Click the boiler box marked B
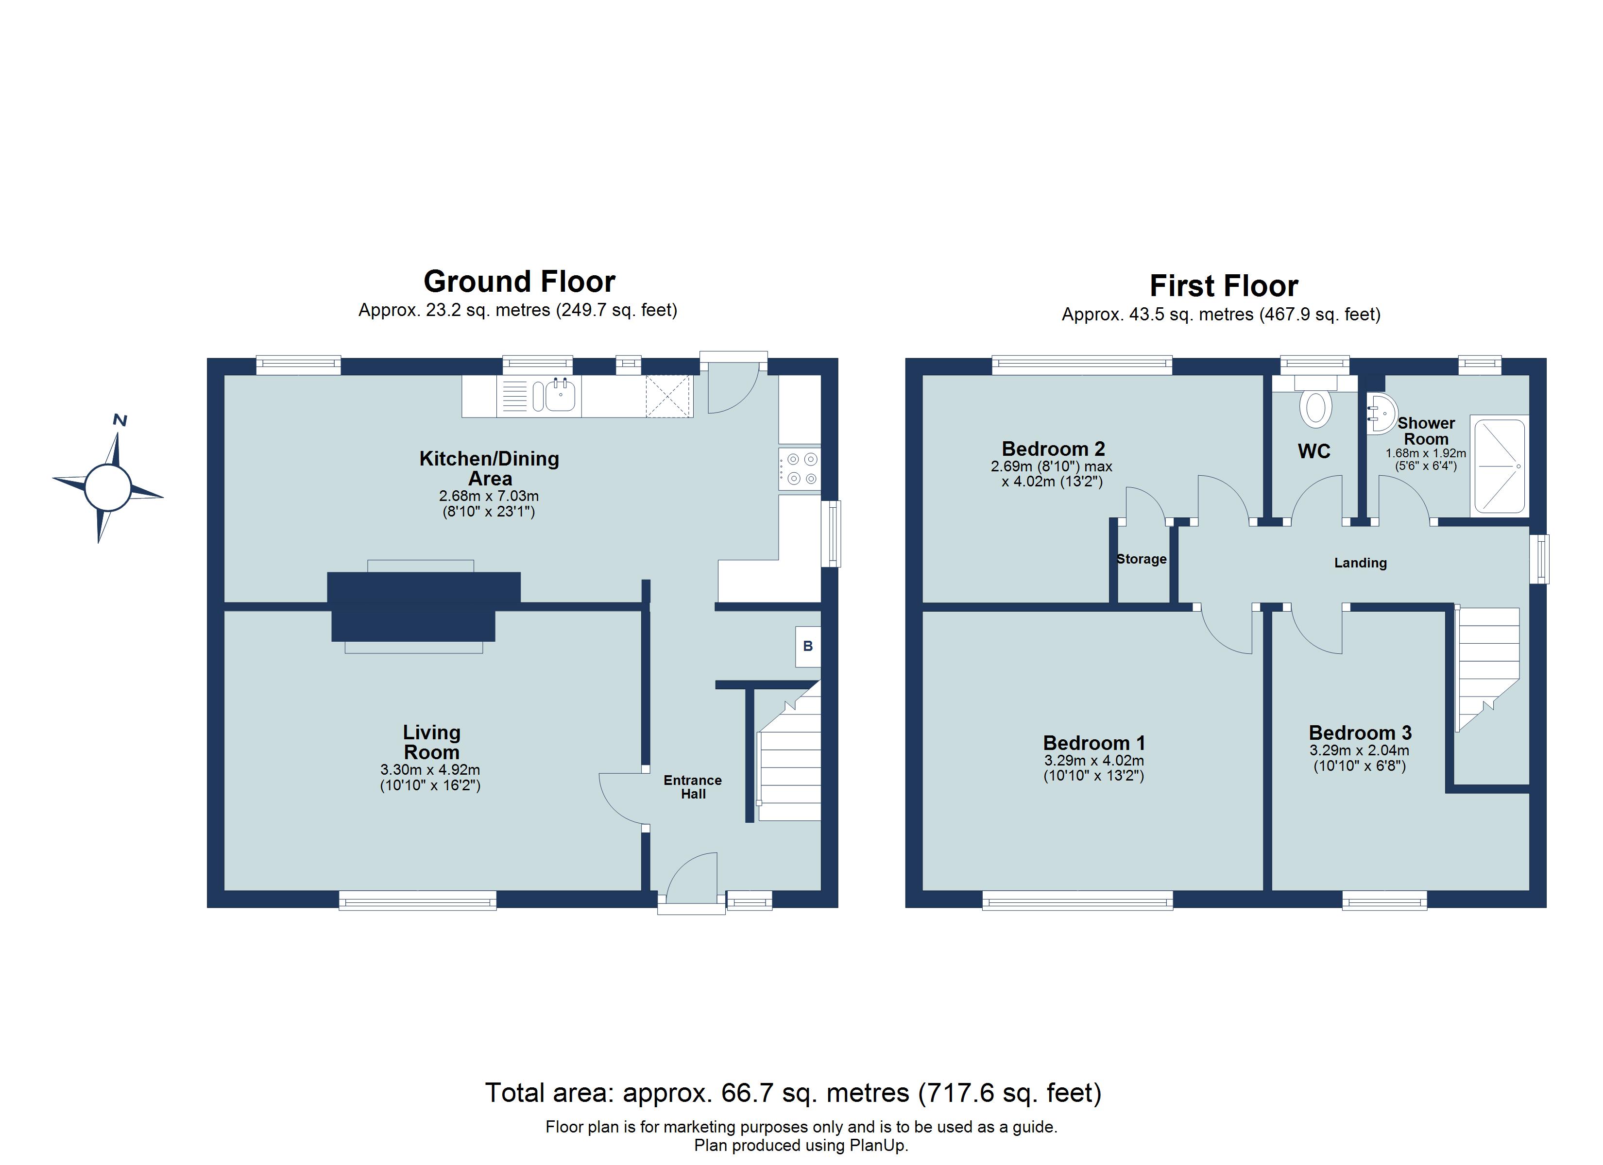coord(808,647)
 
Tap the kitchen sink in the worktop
coord(560,396)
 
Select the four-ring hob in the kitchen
coord(800,469)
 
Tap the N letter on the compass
coord(120,420)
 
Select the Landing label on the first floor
coord(1360,563)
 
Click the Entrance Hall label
coord(693,787)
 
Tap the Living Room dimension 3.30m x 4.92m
coord(430,770)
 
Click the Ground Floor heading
coord(519,282)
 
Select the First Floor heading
coord(1224,286)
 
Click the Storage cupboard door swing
coord(1145,504)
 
